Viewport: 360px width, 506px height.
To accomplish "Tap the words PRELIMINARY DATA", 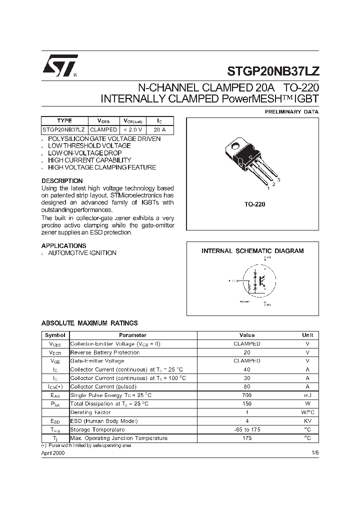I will (291, 112).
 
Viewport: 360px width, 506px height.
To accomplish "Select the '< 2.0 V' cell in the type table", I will (133, 129).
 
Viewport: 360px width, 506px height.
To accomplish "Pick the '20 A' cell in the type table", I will (159, 129).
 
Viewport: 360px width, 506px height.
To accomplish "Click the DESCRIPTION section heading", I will (62, 181).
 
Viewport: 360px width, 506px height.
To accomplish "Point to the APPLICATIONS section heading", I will (63, 246).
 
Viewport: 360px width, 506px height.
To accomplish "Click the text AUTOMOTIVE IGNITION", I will (82, 253).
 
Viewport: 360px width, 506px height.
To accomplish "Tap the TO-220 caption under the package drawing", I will (254, 204).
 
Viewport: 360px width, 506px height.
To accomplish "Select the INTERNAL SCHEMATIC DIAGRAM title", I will (252, 251).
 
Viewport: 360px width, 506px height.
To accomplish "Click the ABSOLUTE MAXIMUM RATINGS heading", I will (89, 323).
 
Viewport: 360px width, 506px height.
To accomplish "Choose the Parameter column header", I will (132, 335).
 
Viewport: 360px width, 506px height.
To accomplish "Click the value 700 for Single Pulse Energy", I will (247, 395).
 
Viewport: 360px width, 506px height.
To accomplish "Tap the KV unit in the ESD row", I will (307, 421).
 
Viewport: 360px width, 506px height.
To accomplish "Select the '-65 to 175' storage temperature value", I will (247, 429).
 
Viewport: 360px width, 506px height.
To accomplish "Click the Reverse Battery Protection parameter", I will (105, 352).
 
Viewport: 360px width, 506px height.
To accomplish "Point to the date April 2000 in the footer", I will (53, 452).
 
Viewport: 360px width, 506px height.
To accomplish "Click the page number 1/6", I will (314, 452).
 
